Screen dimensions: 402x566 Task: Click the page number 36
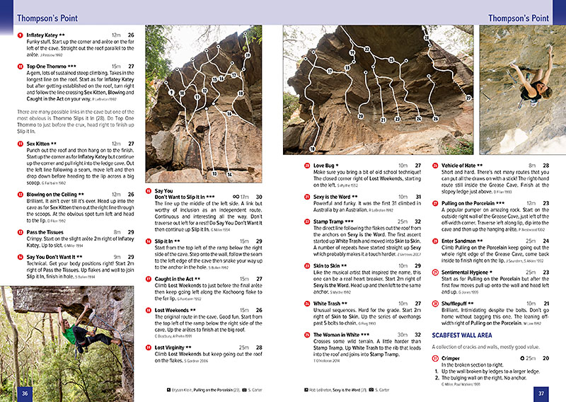[x=25, y=394]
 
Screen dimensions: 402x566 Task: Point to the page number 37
[x=541, y=394]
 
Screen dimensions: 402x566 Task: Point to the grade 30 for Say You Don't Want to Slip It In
[x=259, y=197]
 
